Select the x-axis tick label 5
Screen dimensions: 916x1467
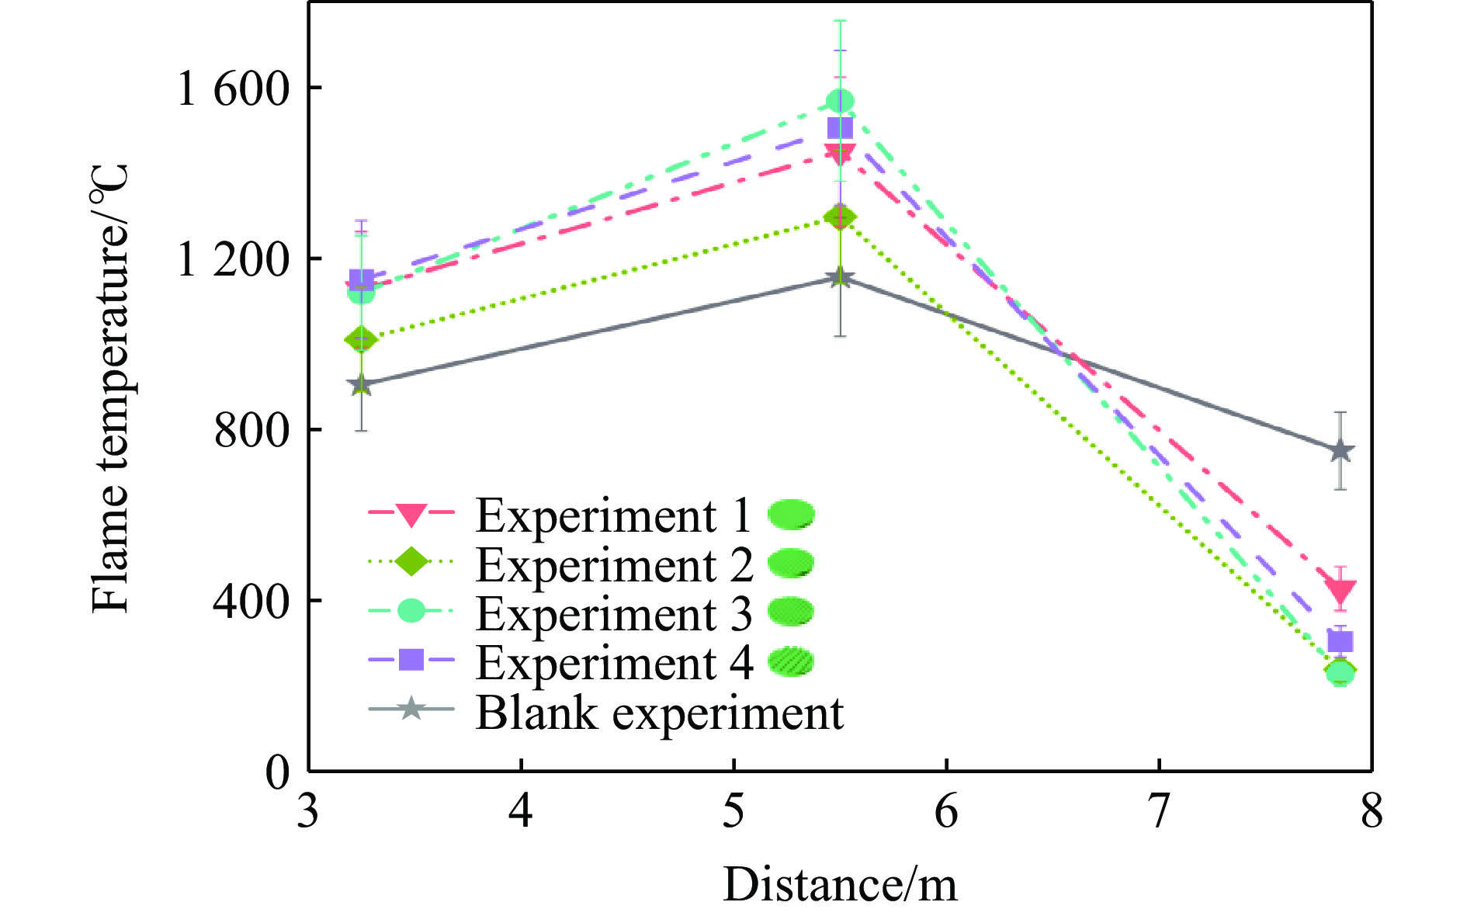[x=733, y=811]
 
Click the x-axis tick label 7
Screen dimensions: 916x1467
[x=1159, y=811]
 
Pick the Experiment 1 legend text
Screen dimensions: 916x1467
[x=613, y=515]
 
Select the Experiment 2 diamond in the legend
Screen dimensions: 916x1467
[x=411, y=561]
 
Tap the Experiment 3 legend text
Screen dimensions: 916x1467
[x=613, y=614]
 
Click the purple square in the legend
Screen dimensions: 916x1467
[x=411, y=660]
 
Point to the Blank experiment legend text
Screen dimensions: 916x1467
[x=659, y=713]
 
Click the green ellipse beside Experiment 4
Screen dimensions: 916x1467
[x=791, y=661]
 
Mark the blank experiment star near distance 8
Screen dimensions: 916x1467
[x=1340, y=451]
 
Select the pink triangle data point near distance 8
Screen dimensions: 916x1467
[x=1340, y=592]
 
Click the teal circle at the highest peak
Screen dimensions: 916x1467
[x=840, y=101]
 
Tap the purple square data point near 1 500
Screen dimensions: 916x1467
[x=840, y=128]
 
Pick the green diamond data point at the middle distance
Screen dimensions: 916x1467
[x=840, y=217]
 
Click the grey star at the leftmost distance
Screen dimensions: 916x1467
[x=361, y=384]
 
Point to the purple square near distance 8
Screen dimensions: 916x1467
[x=1340, y=642]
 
